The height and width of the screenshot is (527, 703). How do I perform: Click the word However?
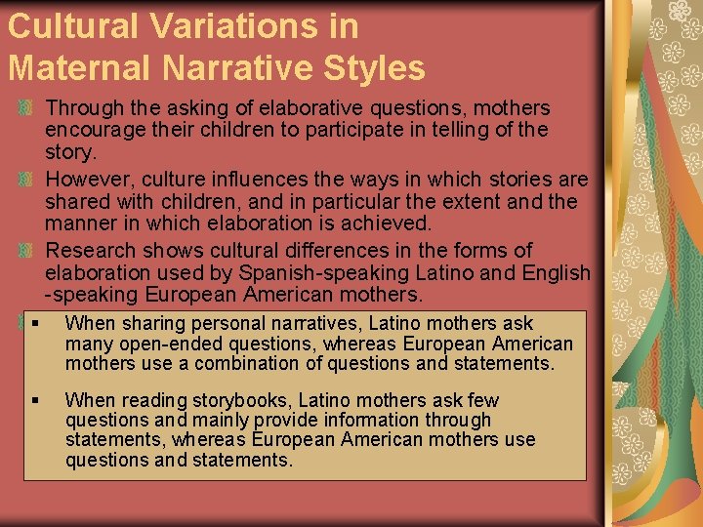91,180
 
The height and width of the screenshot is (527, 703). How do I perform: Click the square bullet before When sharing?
35,323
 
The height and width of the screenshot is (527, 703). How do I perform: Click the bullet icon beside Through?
27,106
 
